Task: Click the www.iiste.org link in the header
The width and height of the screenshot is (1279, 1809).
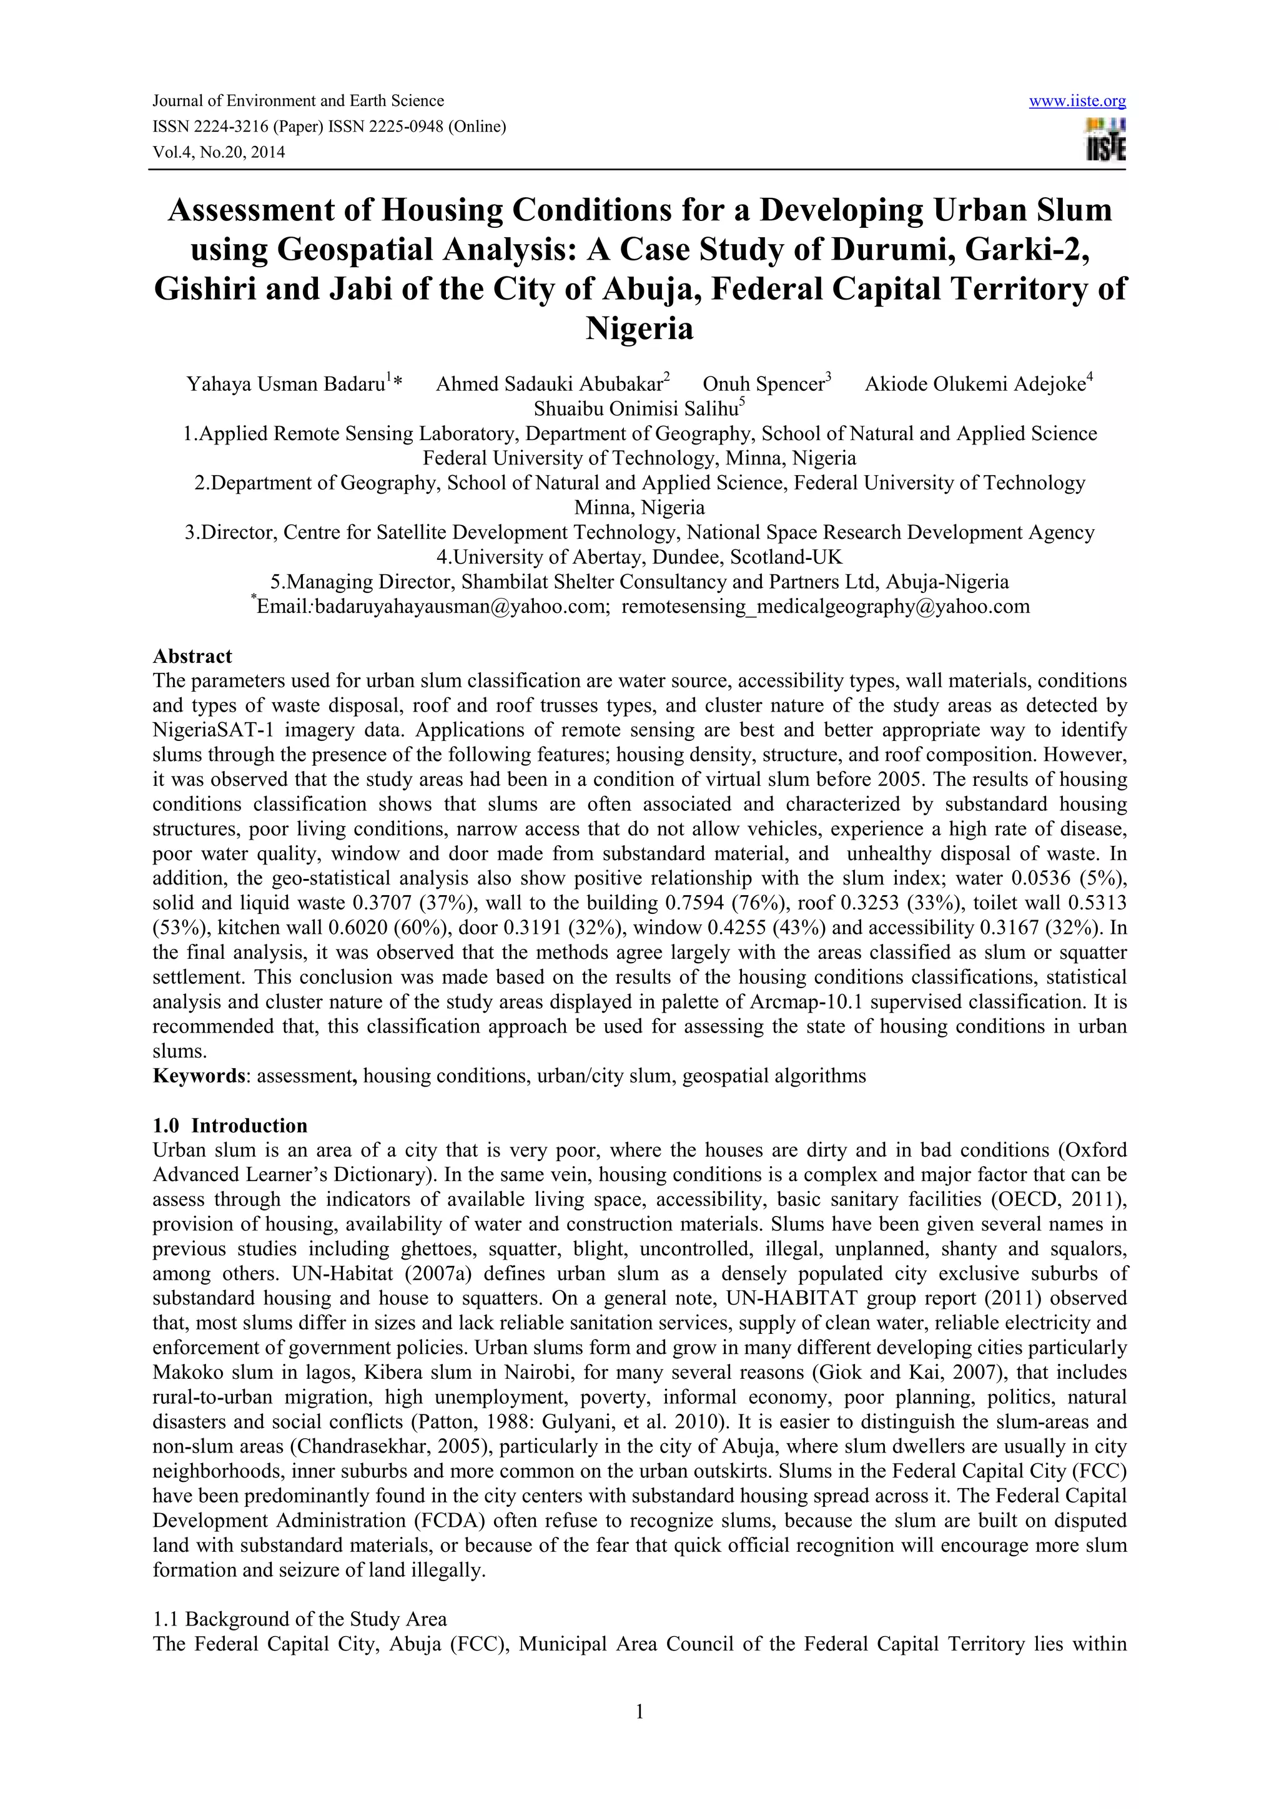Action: (x=1077, y=101)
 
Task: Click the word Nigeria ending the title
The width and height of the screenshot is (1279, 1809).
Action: (x=639, y=328)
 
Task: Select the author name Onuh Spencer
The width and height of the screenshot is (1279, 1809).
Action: (x=763, y=385)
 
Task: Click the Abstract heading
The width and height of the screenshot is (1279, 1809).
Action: (x=192, y=656)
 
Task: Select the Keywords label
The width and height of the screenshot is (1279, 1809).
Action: (x=199, y=1076)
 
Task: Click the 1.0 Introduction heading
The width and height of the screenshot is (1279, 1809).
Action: (x=230, y=1125)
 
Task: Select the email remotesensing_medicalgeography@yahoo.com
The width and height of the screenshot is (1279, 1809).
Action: (x=825, y=607)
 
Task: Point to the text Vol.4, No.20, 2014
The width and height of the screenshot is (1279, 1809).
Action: (x=219, y=153)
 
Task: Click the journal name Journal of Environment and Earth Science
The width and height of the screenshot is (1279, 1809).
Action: (x=298, y=101)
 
